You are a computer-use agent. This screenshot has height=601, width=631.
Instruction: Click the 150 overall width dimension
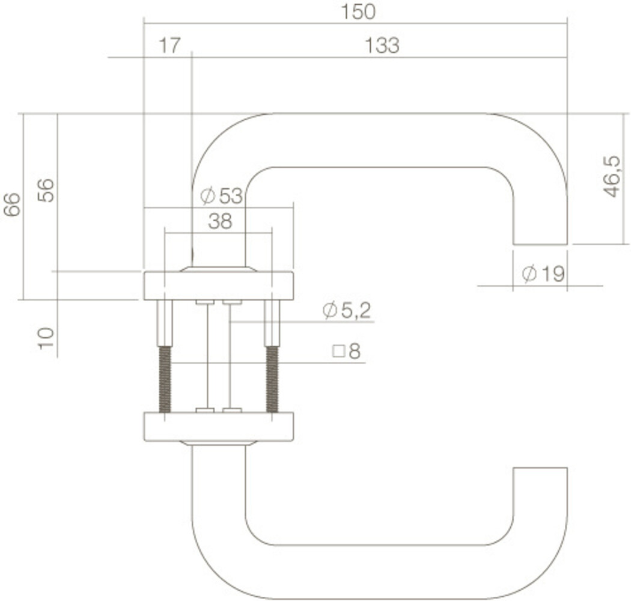point(359,11)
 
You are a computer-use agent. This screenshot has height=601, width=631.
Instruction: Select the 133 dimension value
point(382,46)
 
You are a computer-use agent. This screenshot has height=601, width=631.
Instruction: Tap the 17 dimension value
point(169,46)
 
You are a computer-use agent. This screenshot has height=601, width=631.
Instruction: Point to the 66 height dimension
point(11,204)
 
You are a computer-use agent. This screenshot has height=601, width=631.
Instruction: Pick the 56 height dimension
point(46,191)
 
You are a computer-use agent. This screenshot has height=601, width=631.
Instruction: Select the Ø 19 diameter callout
point(543,275)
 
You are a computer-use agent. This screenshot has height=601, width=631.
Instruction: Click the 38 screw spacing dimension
point(220,222)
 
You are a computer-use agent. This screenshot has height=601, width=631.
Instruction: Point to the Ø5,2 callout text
point(347,311)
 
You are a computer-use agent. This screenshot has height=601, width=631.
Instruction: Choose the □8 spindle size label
point(347,352)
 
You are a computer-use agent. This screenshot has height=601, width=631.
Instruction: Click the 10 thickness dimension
point(46,339)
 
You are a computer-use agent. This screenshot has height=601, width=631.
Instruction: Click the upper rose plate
point(219,285)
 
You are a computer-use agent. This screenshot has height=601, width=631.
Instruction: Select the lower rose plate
point(219,427)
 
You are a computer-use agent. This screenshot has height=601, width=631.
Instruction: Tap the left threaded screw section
point(165,379)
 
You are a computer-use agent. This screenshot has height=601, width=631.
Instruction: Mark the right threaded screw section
point(272,379)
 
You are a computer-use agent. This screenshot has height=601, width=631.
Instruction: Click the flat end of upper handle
point(540,244)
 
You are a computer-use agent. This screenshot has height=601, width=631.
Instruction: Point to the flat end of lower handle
point(540,468)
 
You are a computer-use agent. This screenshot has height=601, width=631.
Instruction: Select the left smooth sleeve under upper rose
point(165,323)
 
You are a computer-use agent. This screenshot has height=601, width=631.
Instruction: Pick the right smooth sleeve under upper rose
point(272,323)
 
